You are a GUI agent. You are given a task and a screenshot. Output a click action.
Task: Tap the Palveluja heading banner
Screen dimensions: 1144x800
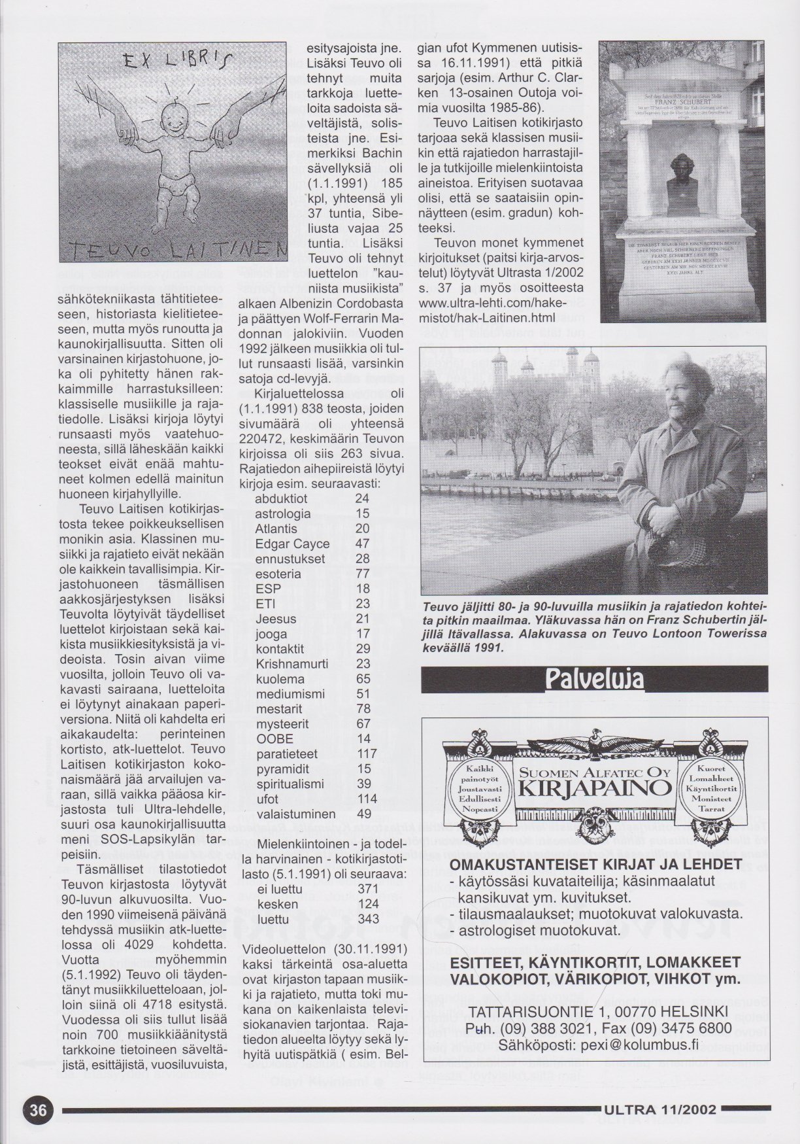click(x=594, y=679)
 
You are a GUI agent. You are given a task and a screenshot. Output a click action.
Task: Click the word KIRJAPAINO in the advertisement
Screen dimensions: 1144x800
click(x=594, y=788)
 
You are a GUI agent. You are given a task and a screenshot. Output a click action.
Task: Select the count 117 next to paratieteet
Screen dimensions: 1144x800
click(x=368, y=754)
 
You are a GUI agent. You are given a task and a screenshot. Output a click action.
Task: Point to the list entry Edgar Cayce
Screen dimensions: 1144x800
click(x=292, y=544)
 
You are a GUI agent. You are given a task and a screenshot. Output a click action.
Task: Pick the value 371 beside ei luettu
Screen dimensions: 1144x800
click(x=369, y=889)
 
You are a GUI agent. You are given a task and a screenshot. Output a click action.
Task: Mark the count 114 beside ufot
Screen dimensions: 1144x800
click(x=368, y=799)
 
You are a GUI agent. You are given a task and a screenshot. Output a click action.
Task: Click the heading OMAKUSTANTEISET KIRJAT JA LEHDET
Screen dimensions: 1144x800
click(x=595, y=863)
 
